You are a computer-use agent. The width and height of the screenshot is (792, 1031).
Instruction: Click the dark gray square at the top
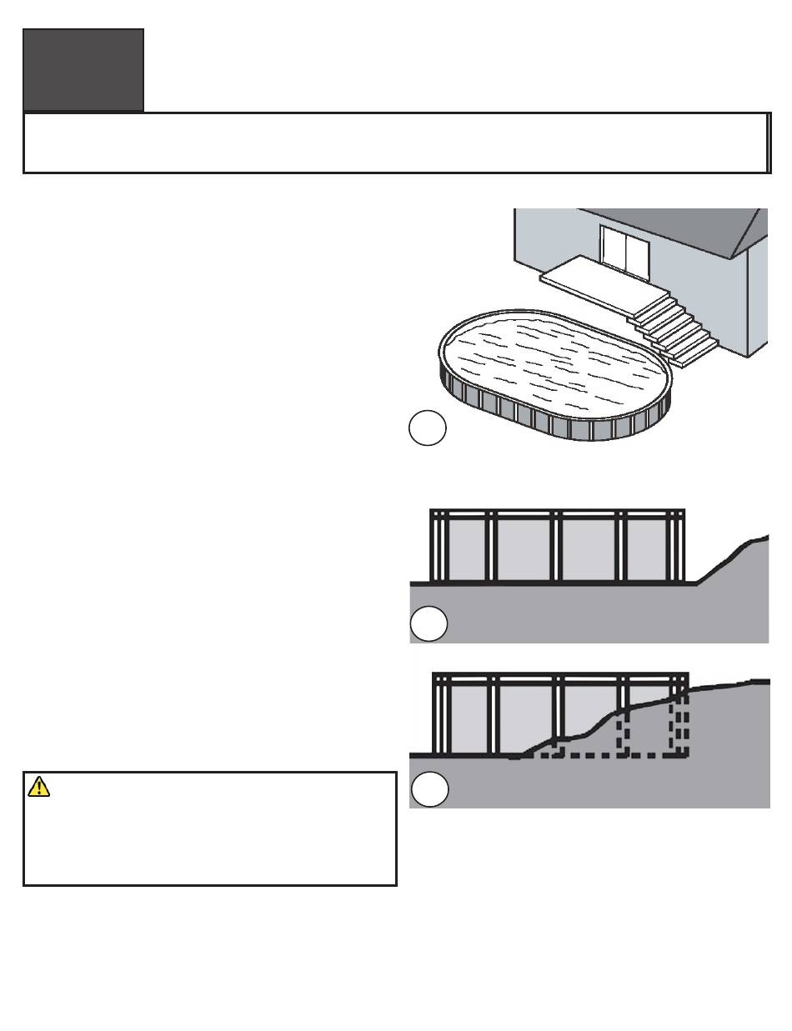tap(83, 70)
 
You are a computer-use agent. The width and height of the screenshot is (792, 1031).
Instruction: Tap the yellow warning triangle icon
tap(39, 786)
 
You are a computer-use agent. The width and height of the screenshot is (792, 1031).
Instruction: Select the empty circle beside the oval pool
tap(428, 428)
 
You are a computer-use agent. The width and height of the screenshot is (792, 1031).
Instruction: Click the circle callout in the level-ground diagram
tap(429, 624)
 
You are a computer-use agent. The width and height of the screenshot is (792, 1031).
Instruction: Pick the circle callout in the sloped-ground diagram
tap(429, 789)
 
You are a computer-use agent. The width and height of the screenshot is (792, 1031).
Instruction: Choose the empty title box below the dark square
tap(395, 143)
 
